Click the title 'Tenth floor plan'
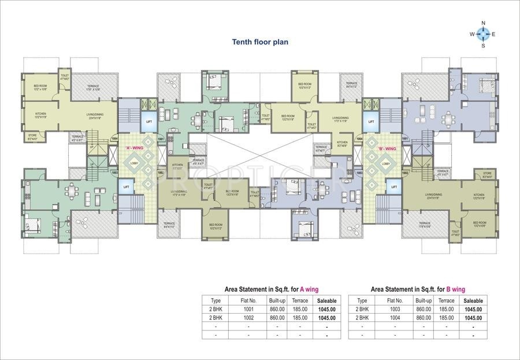click(259, 42)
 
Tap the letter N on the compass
click(483, 23)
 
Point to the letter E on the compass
click(494, 34)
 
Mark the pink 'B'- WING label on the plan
click(385, 148)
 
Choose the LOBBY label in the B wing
click(385, 164)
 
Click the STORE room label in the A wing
click(32, 137)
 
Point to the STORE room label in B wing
click(487, 175)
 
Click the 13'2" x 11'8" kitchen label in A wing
click(40, 115)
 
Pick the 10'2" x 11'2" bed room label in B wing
click(304, 86)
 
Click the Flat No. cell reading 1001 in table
click(248, 309)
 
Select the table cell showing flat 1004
click(395, 317)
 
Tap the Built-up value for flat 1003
click(424, 309)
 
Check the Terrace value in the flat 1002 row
click(300, 317)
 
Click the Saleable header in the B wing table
click(473, 300)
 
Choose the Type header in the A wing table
click(216, 300)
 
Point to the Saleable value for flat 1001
click(326, 309)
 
